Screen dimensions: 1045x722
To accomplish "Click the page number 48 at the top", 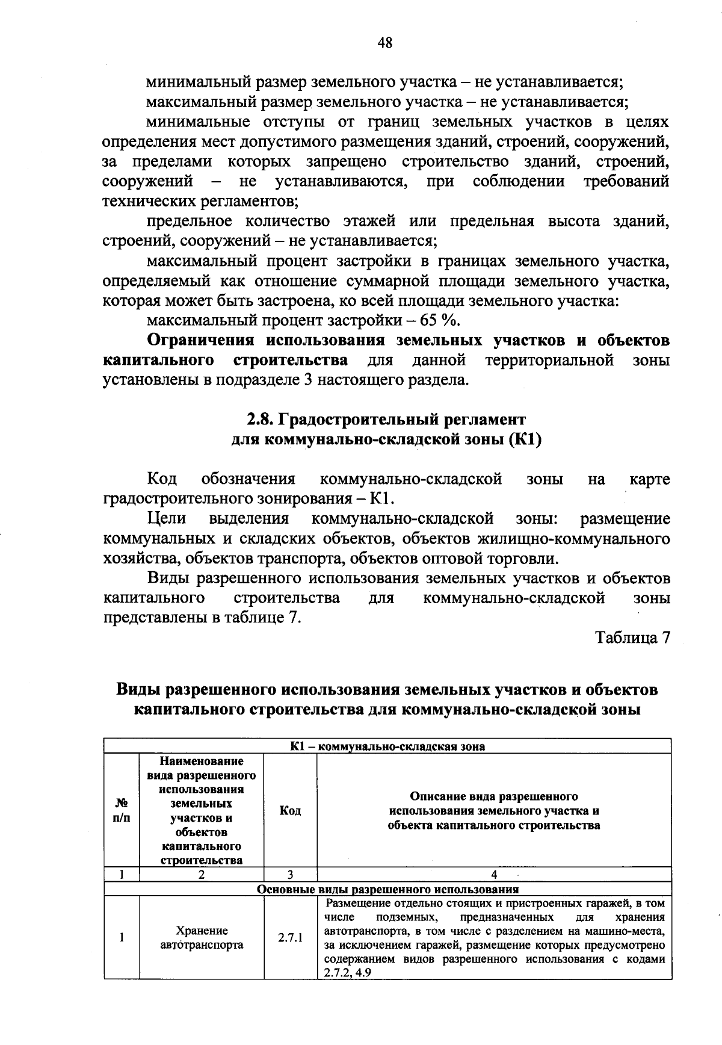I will [386, 42].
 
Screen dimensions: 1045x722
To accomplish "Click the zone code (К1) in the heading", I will [525, 439].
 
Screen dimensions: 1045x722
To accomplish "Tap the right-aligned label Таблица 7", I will [632, 637].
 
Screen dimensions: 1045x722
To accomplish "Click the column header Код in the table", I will [290, 811].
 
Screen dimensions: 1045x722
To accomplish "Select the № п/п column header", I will [122, 811].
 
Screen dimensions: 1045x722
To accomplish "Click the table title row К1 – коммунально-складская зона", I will [387, 746].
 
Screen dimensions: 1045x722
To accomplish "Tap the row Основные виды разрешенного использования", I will [387, 889].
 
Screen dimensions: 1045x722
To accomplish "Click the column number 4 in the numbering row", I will [494, 875].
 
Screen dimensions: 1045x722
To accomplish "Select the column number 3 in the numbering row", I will [290, 875].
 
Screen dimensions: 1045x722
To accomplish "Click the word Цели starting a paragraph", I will [167, 519].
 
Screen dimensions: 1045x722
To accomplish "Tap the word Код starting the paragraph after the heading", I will [162, 479].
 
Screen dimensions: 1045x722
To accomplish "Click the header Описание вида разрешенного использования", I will [493, 811].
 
